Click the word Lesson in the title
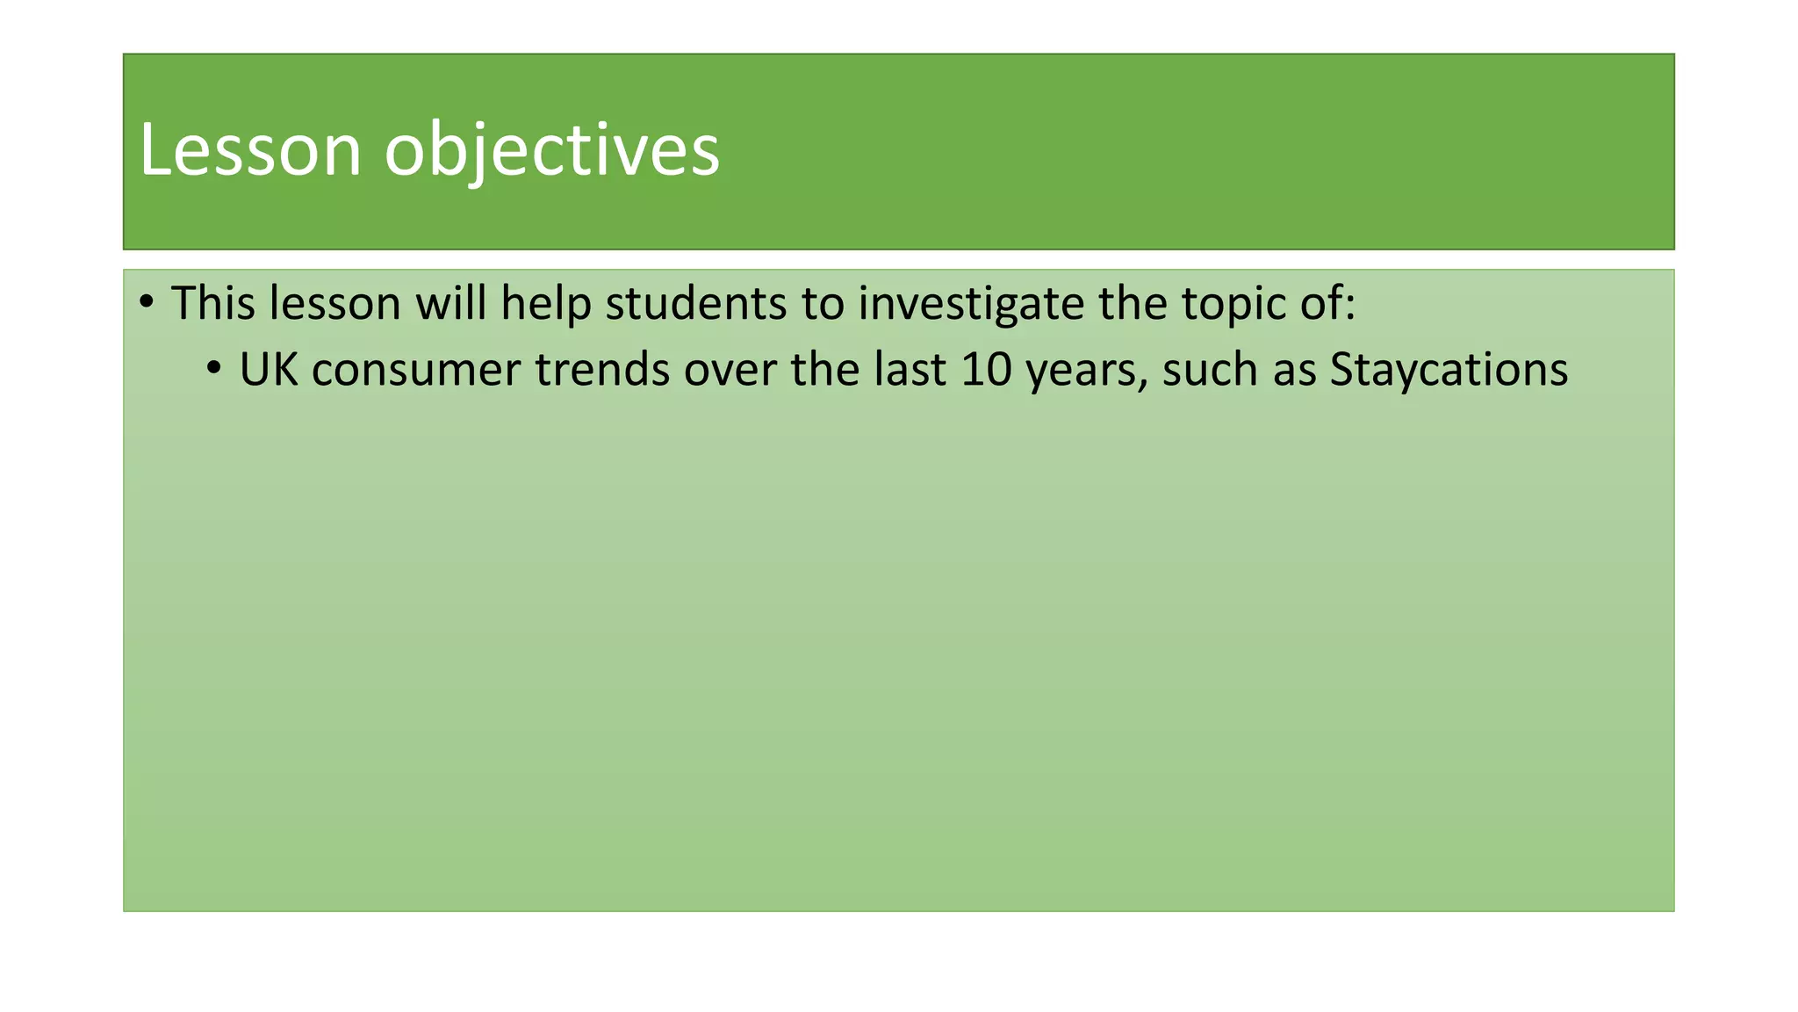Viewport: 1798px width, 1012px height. point(250,150)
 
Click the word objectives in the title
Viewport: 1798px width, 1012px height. point(552,150)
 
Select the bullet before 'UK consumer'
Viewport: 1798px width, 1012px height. point(215,369)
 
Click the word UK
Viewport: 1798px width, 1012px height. point(269,369)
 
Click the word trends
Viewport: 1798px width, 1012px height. point(602,369)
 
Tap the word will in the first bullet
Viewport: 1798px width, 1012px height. point(450,303)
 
